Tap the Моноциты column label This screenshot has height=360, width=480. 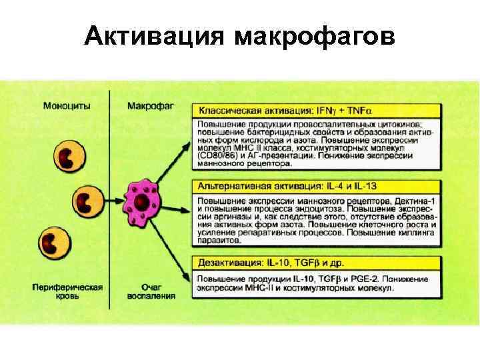(x=67, y=105)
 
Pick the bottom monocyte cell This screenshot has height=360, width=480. (x=53, y=242)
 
